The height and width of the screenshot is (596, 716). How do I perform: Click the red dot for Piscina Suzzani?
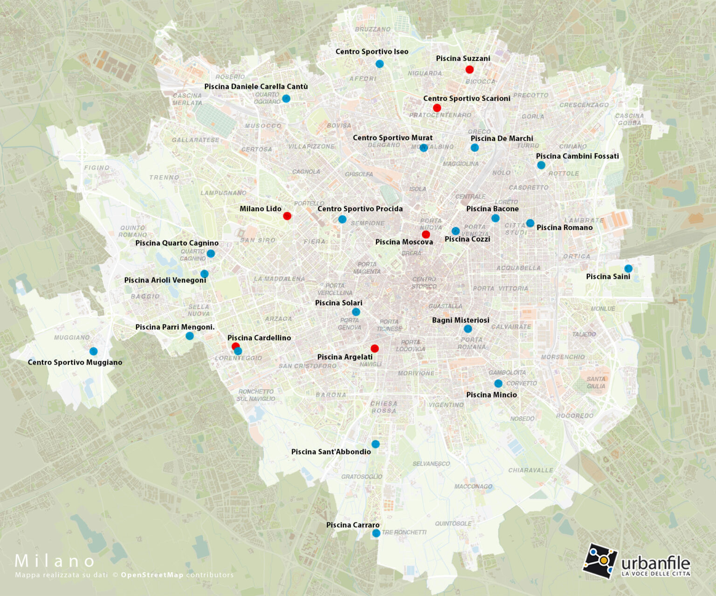pyautogui.click(x=469, y=69)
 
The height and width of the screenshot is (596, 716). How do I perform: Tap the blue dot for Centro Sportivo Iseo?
pyautogui.click(x=379, y=64)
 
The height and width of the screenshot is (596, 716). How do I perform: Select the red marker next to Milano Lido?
pyautogui.click(x=287, y=216)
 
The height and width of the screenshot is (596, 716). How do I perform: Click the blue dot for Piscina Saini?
pyautogui.click(x=628, y=269)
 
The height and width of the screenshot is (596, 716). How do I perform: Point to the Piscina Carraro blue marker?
pyautogui.click(x=376, y=533)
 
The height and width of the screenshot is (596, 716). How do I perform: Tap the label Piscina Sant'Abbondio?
pyautogui.click(x=331, y=452)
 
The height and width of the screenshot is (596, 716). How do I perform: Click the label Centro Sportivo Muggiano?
pyautogui.click(x=75, y=362)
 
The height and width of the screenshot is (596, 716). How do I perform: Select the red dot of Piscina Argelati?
pyautogui.click(x=374, y=348)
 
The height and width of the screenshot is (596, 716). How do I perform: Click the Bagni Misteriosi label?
pyautogui.click(x=461, y=320)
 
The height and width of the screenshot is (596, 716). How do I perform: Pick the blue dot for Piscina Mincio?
pyautogui.click(x=498, y=384)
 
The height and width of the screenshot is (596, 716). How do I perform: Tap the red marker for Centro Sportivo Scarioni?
pyautogui.click(x=437, y=108)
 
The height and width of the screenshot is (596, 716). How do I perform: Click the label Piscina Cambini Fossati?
pyautogui.click(x=577, y=156)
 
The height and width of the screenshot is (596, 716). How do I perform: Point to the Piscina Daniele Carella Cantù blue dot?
pyautogui.click(x=286, y=99)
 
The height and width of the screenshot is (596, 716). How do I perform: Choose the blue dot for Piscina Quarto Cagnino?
pyautogui.click(x=211, y=254)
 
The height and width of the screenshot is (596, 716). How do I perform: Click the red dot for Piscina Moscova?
pyautogui.click(x=426, y=234)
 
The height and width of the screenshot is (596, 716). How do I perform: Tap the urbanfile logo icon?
pyautogui.click(x=600, y=561)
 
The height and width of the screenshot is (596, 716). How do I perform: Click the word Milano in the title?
pyautogui.click(x=55, y=561)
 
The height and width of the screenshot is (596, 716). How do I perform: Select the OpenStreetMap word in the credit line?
pyautogui.click(x=152, y=575)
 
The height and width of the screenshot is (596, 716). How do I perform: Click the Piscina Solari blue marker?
pyautogui.click(x=356, y=312)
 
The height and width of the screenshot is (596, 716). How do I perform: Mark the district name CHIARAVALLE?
pyautogui.click(x=530, y=470)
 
